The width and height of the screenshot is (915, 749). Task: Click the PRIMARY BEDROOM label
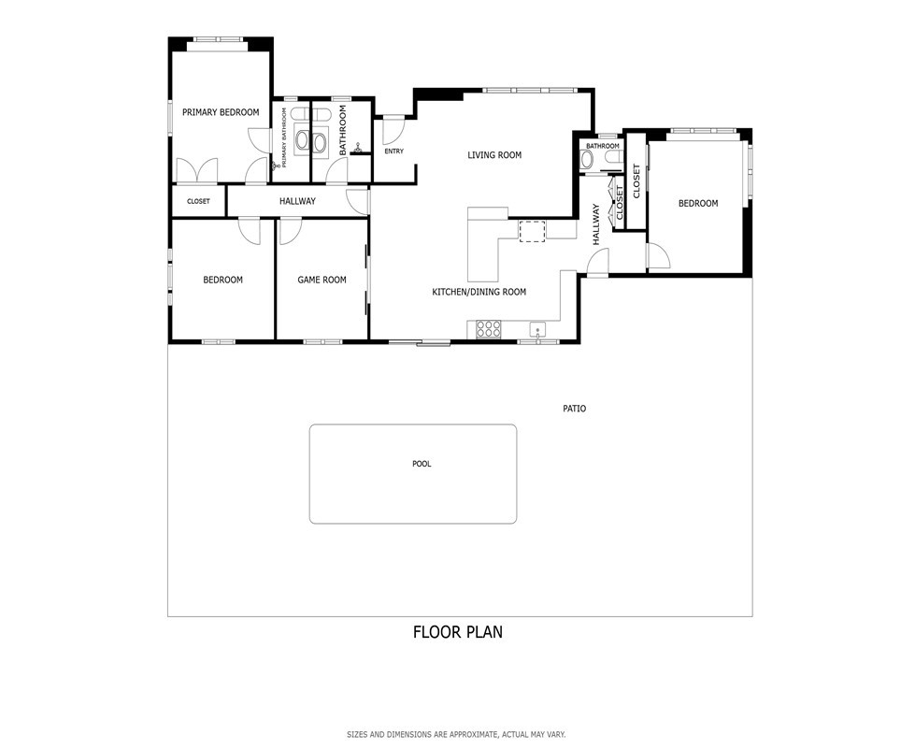(221, 112)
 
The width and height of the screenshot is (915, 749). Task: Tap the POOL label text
(422, 464)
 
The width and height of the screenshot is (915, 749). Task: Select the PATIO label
(574, 409)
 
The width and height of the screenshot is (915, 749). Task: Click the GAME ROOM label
(322, 281)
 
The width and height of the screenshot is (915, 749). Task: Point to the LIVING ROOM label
(494, 155)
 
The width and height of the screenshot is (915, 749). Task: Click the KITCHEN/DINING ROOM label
(479, 292)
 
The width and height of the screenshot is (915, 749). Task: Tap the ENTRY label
(393, 151)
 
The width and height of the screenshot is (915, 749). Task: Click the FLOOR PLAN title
(458, 632)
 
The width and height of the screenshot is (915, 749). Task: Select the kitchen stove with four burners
(489, 329)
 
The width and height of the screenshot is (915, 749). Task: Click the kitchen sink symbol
(537, 330)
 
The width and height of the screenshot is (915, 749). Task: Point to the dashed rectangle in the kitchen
(532, 231)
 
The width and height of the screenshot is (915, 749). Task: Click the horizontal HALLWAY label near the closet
(297, 201)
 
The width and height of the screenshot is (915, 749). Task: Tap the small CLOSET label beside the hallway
(198, 201)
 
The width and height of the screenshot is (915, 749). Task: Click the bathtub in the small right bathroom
(586, 159)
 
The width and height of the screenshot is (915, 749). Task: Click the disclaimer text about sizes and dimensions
(456, 734)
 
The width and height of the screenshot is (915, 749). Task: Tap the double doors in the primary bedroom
(197, 170)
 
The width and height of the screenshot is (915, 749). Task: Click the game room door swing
(290, 231)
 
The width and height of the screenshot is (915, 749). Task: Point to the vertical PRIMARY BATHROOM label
(285, 137)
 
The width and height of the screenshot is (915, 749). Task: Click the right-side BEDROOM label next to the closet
(698, 204)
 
